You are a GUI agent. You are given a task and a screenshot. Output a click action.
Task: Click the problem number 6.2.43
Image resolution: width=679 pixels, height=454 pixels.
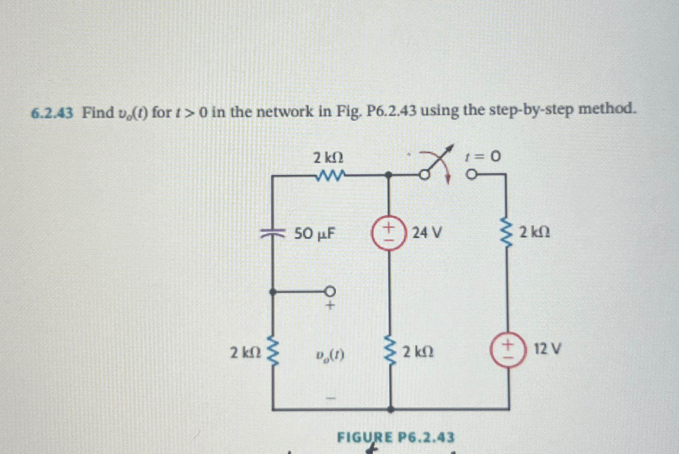(x=52, y=113)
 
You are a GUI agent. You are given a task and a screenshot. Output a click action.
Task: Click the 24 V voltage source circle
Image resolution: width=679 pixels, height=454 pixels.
(x=389, y=233)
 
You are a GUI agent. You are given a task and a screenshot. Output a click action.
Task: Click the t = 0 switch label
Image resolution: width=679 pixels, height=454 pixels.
(x=483, y=156)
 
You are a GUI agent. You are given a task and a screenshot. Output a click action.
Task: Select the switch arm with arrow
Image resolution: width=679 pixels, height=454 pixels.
(x=437, y=161)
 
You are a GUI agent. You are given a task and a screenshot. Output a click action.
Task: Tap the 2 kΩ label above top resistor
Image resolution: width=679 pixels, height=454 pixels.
(x=328, y=158)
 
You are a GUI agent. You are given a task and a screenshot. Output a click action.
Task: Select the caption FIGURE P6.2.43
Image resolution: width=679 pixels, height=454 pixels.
(x=395, y=437)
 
